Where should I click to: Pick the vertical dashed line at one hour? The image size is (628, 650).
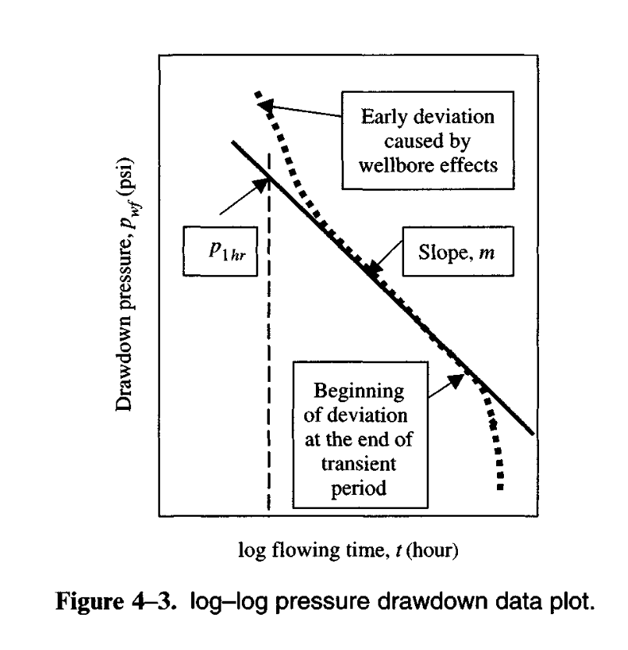click(x=268, y=351)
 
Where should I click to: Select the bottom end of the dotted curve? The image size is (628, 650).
click(x=500, y=487)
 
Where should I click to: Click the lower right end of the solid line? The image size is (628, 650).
click(x=534, y=433)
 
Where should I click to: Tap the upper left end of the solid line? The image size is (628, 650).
click(x=232, y=142)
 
